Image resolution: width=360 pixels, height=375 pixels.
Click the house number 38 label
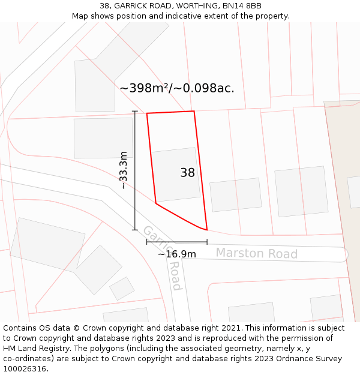coord(187,173)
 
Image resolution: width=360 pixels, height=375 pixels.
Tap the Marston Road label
coord(256,253)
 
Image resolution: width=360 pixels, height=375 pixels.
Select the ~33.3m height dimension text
coord(124,170)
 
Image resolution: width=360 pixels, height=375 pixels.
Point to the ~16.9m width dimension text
coord(177,254)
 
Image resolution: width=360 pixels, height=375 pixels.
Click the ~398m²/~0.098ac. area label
coord(177,88)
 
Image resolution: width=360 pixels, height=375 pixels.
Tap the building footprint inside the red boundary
coord(175,174)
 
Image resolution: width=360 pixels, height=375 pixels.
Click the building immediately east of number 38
coord(236,194)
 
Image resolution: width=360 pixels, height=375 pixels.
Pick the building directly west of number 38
coord(103,138)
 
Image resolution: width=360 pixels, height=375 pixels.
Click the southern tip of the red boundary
coord(206,229)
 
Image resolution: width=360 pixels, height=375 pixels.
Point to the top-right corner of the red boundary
coord(194,111)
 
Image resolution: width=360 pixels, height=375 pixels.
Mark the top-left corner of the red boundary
coord(147,113)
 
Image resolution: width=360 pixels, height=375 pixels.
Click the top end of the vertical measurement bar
coord(135,112)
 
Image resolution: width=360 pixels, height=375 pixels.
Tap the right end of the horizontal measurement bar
coord(207,242)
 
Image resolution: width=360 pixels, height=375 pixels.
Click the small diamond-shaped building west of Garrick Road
coord(122,288)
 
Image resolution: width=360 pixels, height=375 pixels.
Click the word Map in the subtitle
coord(81,16)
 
